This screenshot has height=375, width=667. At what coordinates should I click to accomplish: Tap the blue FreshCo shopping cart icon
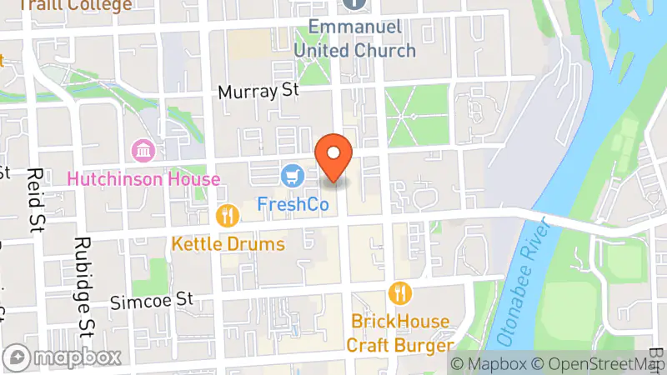point(291,176)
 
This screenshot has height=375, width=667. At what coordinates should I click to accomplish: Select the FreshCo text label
point(292,203)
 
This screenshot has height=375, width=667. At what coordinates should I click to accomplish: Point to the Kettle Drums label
point(228,244)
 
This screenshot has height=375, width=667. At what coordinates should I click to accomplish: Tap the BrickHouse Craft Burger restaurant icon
point(400,293)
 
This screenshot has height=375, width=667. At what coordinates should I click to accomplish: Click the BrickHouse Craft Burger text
point(400,332)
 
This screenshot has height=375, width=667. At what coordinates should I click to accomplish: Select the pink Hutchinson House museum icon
point(143,152)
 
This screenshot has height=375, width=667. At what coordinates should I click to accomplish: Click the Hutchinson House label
point(143,179)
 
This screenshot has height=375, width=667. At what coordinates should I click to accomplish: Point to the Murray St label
point(258,92)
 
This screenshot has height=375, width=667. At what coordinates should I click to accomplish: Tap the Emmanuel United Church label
point(354,38)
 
